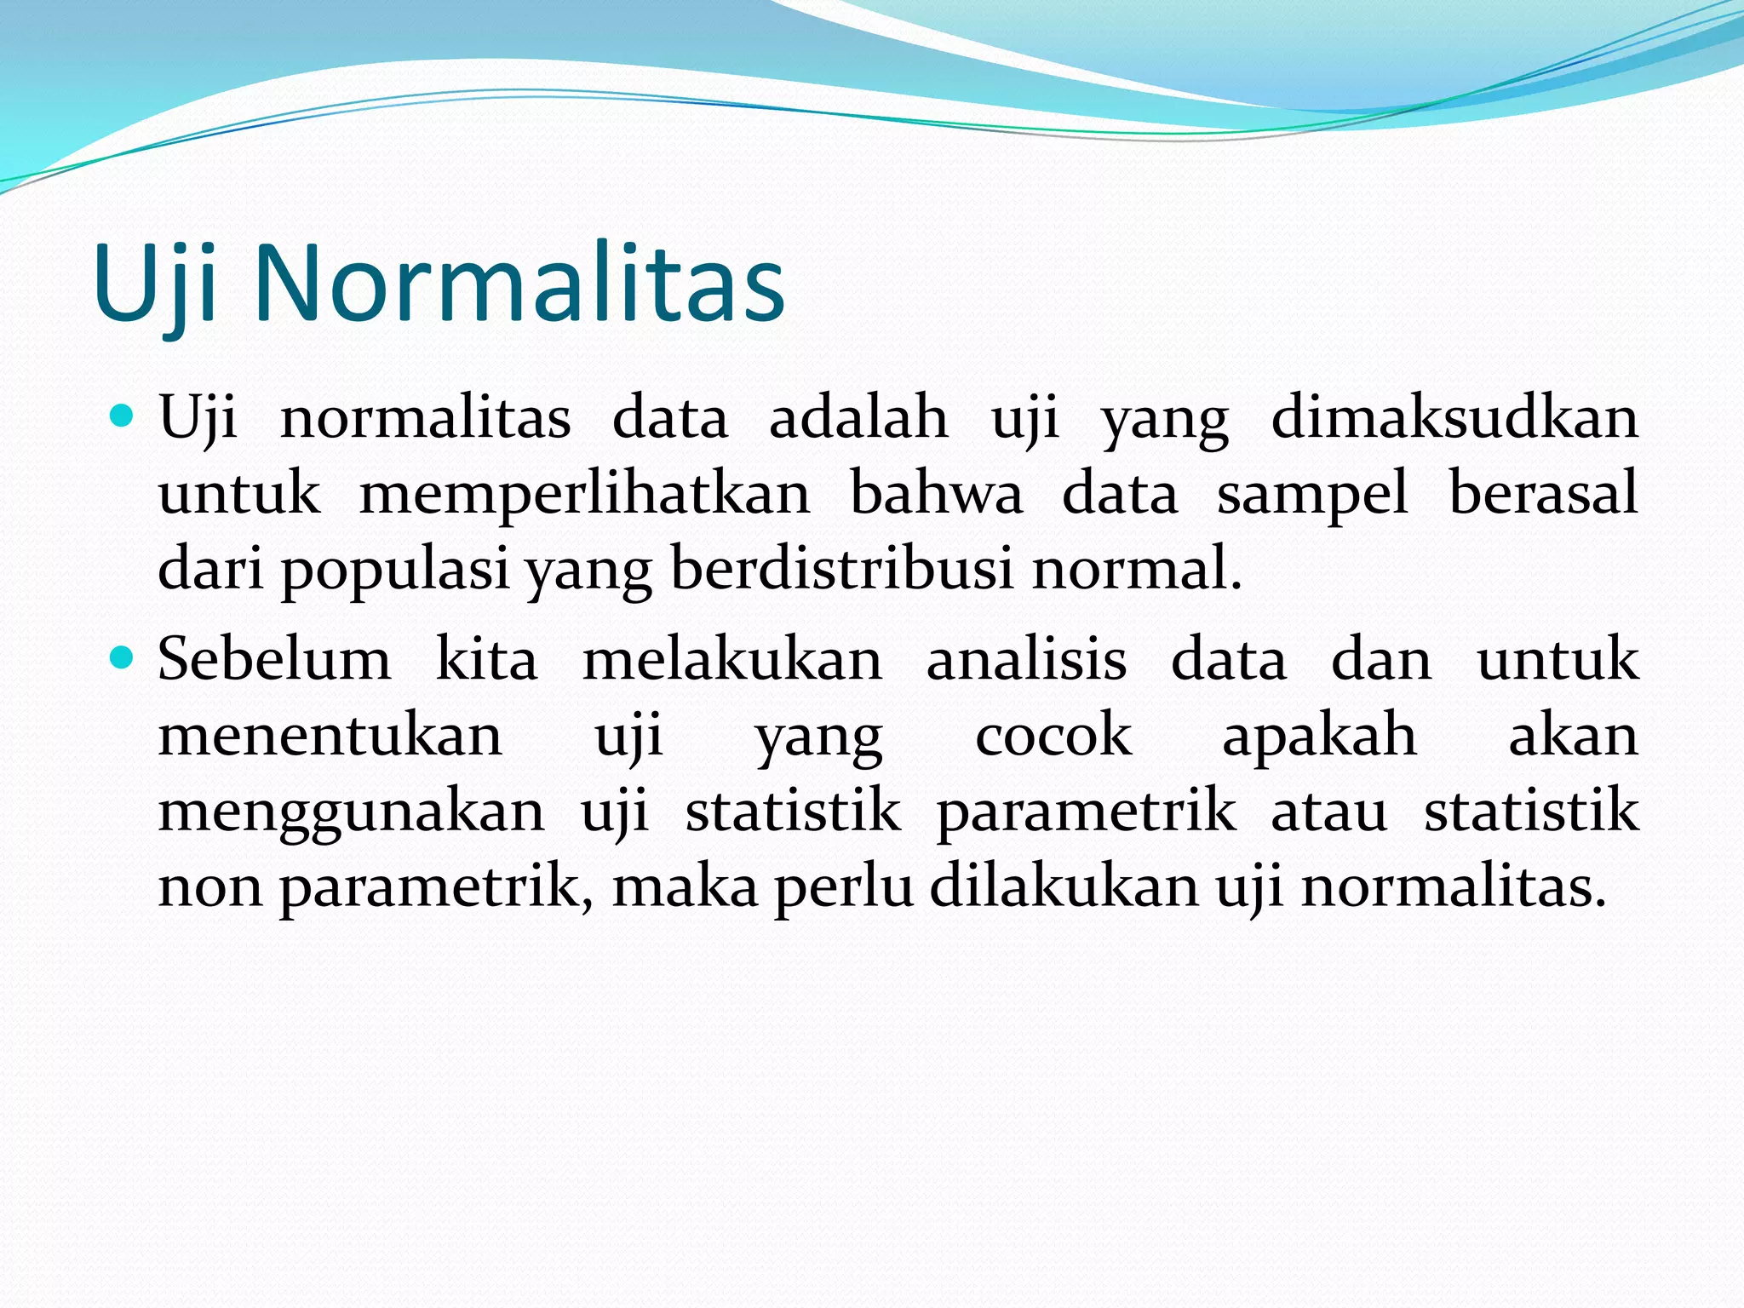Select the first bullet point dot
click(123, 416)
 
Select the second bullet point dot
click(123, 658)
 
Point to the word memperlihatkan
click(585, 494)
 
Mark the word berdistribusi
click(842, 567)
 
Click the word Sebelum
click(274, 659)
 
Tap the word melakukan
click(732, 659)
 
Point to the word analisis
click(1026, 659)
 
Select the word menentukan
click(330, 736)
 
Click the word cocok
click(1053, 736)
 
